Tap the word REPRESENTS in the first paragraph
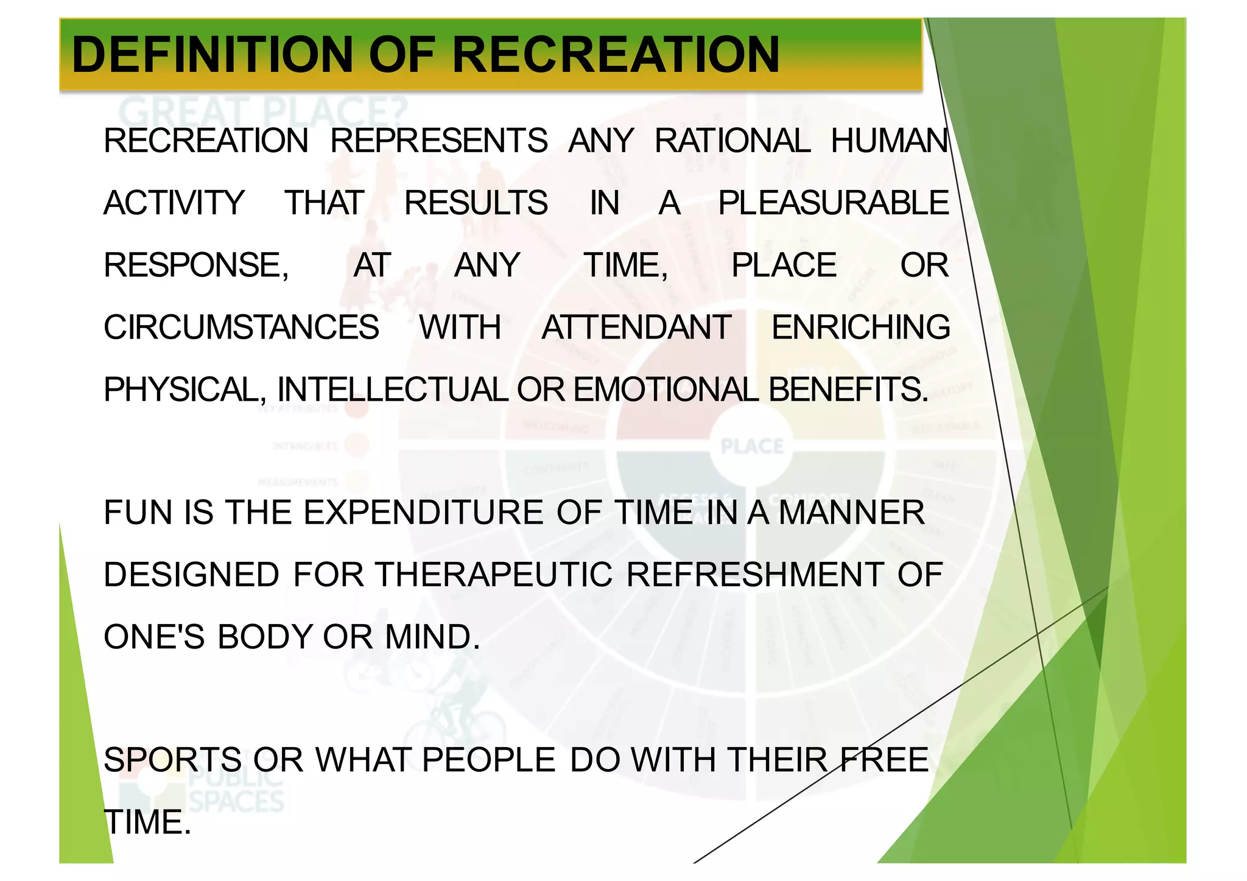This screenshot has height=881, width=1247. [x=438, y=141]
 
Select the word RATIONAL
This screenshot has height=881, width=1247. [x=732, y=141]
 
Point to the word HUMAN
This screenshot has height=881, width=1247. [x=889, y=141]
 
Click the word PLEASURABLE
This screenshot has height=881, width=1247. [x=833, y=203]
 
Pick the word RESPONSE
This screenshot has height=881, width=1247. [x=195, y=265]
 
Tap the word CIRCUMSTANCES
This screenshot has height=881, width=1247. [x=241, y=328]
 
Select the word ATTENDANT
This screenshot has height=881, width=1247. [x=636, y=328]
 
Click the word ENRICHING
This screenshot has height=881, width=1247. [x=860, y=328]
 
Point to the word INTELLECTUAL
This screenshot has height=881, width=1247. [x=392, y=390]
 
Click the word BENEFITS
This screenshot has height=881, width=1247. [x=848, y=390]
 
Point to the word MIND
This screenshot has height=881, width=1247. [x=432, y=637]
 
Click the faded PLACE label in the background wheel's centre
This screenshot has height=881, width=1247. [x=752, y=446]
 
